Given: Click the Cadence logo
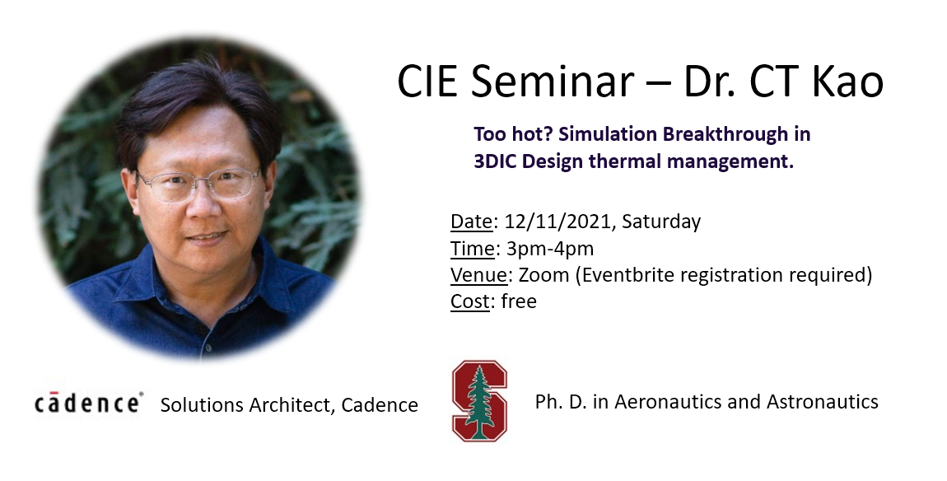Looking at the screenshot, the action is [89, 403].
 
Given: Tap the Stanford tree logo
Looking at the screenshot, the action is [479, 400].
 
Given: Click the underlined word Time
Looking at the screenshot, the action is [473, 249].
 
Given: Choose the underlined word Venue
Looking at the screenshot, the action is [479, 275].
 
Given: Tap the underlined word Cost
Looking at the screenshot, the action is [470, 301].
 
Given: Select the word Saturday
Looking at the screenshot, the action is [661, 222].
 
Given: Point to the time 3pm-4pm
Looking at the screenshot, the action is [549, 249].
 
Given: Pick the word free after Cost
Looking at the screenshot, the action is [519, 301].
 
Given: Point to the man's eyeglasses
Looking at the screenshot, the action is [198, 184].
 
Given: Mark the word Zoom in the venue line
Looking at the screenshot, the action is [543, 275].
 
